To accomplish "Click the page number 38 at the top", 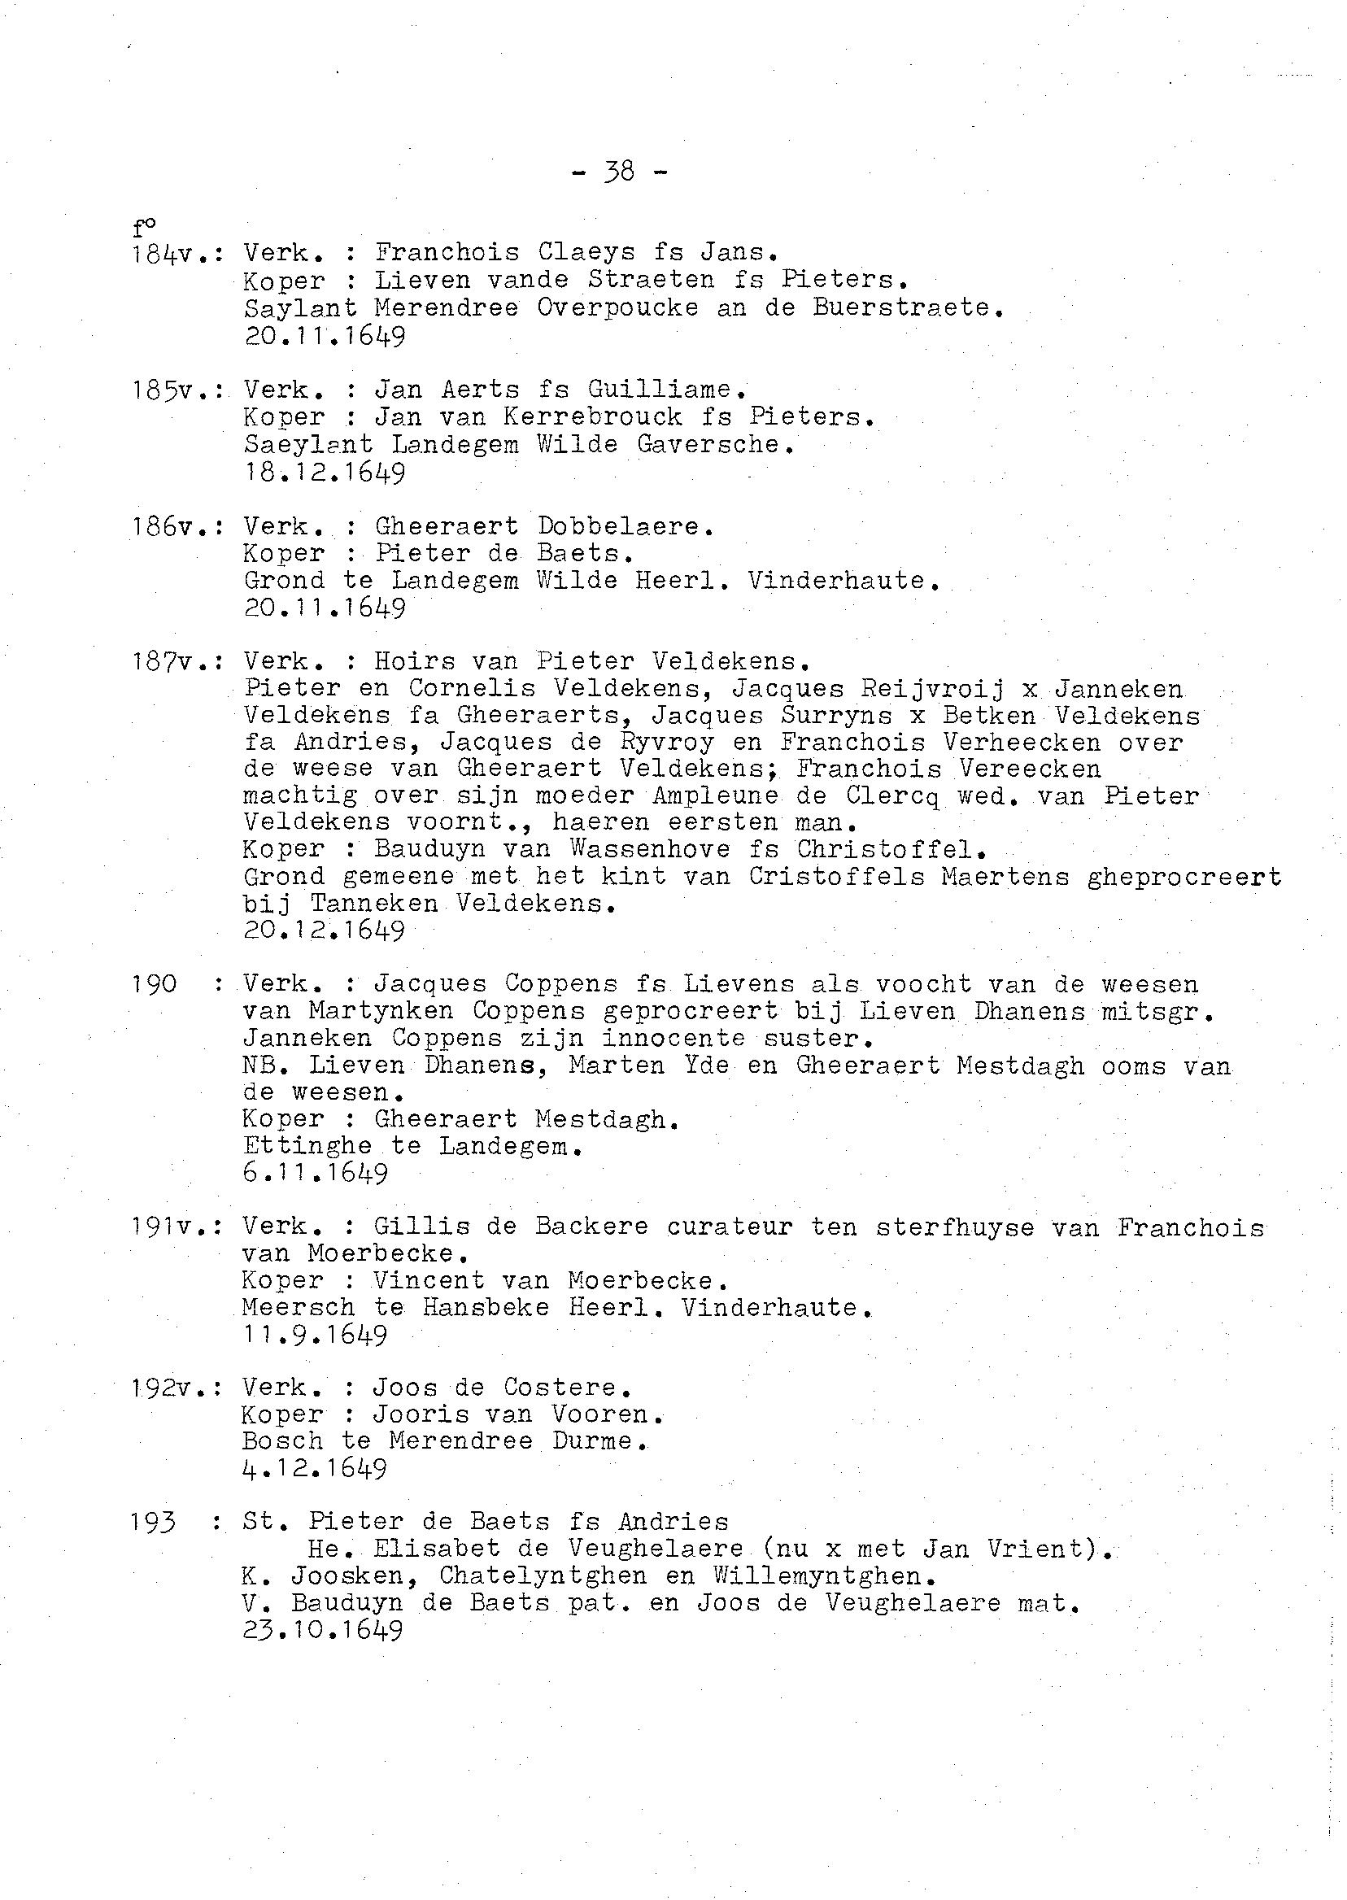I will (620, 172).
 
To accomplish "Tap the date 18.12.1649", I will (325, 473).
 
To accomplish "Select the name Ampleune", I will (715, 796).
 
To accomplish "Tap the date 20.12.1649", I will (325, 930).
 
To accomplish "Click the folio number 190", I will (155, 984).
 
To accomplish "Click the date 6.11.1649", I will (316, 1174).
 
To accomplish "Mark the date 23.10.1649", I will (324, 1631).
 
